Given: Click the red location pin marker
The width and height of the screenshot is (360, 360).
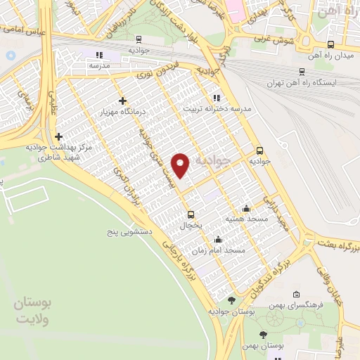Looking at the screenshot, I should (182, 165).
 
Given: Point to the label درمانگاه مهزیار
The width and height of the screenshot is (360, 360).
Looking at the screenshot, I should (123, 112).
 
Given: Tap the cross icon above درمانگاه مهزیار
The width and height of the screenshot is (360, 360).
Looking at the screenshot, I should (123, 101).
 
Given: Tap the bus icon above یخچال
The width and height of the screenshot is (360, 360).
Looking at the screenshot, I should (191, 214).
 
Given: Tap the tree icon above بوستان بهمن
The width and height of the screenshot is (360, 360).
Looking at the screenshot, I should (264, 335).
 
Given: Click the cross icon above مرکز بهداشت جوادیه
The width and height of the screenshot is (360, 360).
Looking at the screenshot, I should (58, 136).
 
